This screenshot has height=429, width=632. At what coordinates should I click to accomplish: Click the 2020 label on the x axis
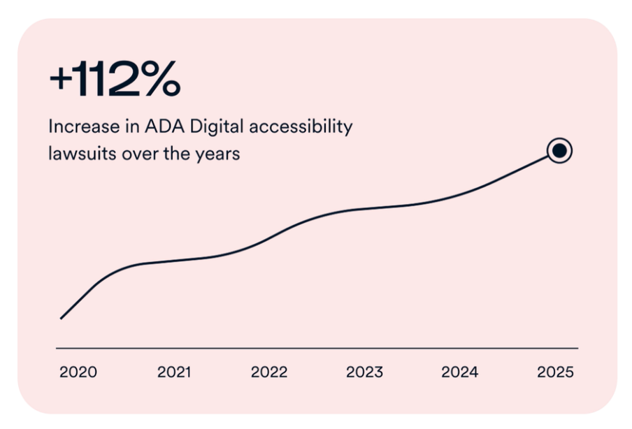point(78,372)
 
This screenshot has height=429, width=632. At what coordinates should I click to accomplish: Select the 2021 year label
point(173,372)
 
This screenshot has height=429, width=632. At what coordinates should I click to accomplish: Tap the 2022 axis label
point(269,372)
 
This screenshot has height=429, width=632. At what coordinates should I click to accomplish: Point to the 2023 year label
point(364,372)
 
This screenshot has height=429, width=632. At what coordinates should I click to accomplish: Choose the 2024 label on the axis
point(460,372)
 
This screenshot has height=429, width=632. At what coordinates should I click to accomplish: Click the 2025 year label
point(555,372)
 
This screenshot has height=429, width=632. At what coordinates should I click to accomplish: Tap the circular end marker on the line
point(559,151)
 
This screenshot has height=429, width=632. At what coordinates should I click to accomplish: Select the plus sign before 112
point(61,79)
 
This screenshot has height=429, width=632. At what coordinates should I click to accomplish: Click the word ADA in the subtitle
point(164,126)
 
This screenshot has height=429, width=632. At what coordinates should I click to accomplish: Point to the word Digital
point(217,127)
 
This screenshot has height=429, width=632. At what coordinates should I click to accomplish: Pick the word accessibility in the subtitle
point(301,127)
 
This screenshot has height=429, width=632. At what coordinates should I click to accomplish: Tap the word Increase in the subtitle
point(84,126)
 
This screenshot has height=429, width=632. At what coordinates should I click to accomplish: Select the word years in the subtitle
point(218,154)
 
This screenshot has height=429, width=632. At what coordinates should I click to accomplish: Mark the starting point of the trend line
point(61,319)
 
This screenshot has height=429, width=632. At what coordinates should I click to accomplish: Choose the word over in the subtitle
point(140,154)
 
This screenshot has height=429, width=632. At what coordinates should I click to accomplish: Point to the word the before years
point(177,154)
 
